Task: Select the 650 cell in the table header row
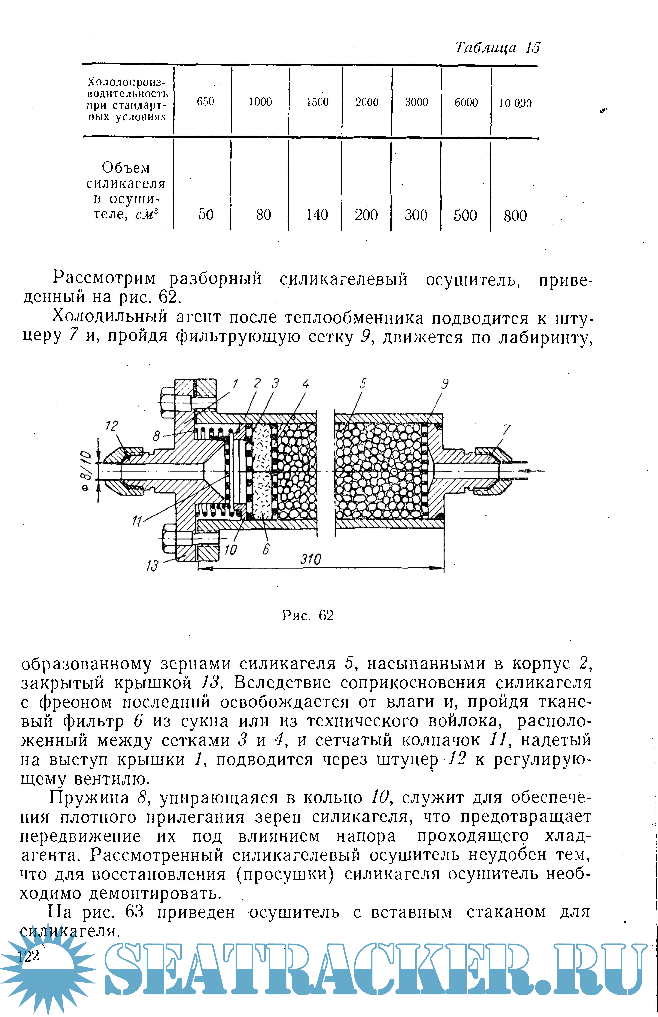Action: pos(205,102)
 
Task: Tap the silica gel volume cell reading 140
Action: pos(317,214)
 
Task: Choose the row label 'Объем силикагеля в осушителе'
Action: pos(126,191)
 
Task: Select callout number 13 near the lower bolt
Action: pos(152,566)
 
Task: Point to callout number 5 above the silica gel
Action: pos(363,384)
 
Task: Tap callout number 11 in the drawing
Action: pos(137,521)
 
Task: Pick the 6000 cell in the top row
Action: pos(466,102)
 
